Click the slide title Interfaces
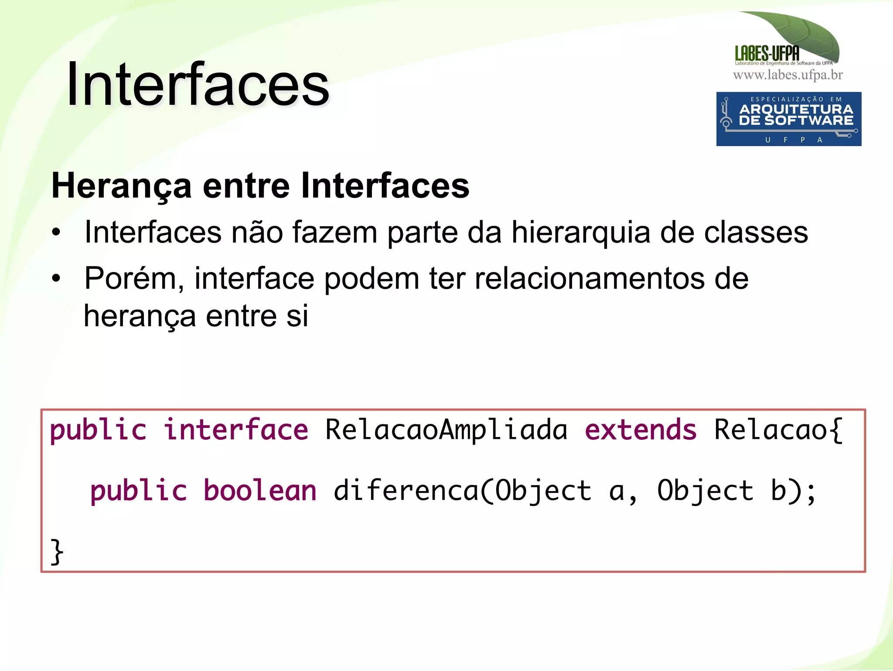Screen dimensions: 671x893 198,84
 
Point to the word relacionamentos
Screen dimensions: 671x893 589,279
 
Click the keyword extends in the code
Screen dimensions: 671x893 641,430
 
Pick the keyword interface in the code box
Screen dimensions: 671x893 236,430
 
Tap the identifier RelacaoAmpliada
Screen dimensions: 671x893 446,430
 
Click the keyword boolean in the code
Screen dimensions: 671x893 260,490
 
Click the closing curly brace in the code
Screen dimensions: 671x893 57,552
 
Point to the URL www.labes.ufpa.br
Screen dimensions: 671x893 788,75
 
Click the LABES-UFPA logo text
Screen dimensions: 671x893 767,53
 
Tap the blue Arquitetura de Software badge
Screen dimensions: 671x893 788,119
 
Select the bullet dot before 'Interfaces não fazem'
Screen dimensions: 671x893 56,232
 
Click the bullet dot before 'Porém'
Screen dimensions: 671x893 56,278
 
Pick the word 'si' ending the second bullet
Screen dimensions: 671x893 297,316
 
